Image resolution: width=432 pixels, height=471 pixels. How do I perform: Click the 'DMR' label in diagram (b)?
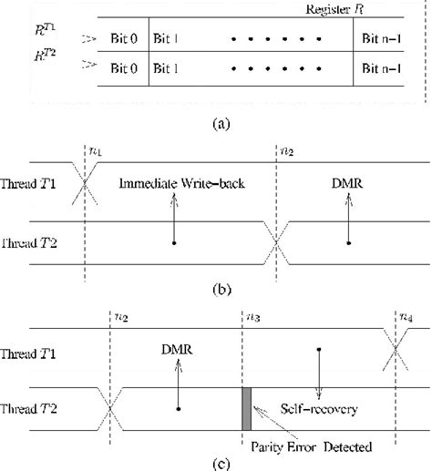tap(349, 185)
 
